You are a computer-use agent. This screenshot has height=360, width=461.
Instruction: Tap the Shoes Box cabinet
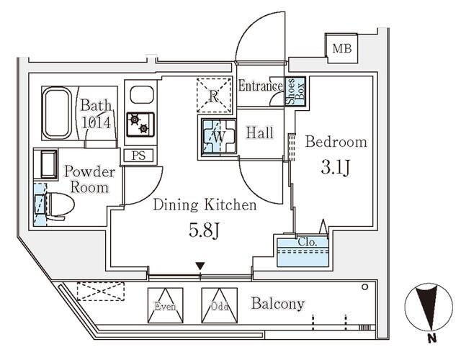tap(296, 93)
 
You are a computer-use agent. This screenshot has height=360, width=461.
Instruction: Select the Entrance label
tap(260, 86)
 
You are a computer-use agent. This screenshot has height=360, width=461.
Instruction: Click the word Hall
tap(259, 133)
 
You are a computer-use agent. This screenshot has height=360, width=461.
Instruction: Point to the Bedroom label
tap(336, 142)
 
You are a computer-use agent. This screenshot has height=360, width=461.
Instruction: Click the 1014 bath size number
tap(95, 122)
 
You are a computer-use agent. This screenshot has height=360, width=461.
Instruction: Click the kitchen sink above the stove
tap(141, 95)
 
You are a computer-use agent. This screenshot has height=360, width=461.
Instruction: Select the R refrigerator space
tap(214, 96)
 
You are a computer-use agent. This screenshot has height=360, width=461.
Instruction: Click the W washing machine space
tap(216, 135)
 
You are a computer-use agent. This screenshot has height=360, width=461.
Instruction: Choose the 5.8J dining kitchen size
tap(204, 233)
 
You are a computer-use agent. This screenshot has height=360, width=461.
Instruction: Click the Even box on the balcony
tap(165, 305)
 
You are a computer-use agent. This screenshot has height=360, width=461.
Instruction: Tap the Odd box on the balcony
tap(218, 305)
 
